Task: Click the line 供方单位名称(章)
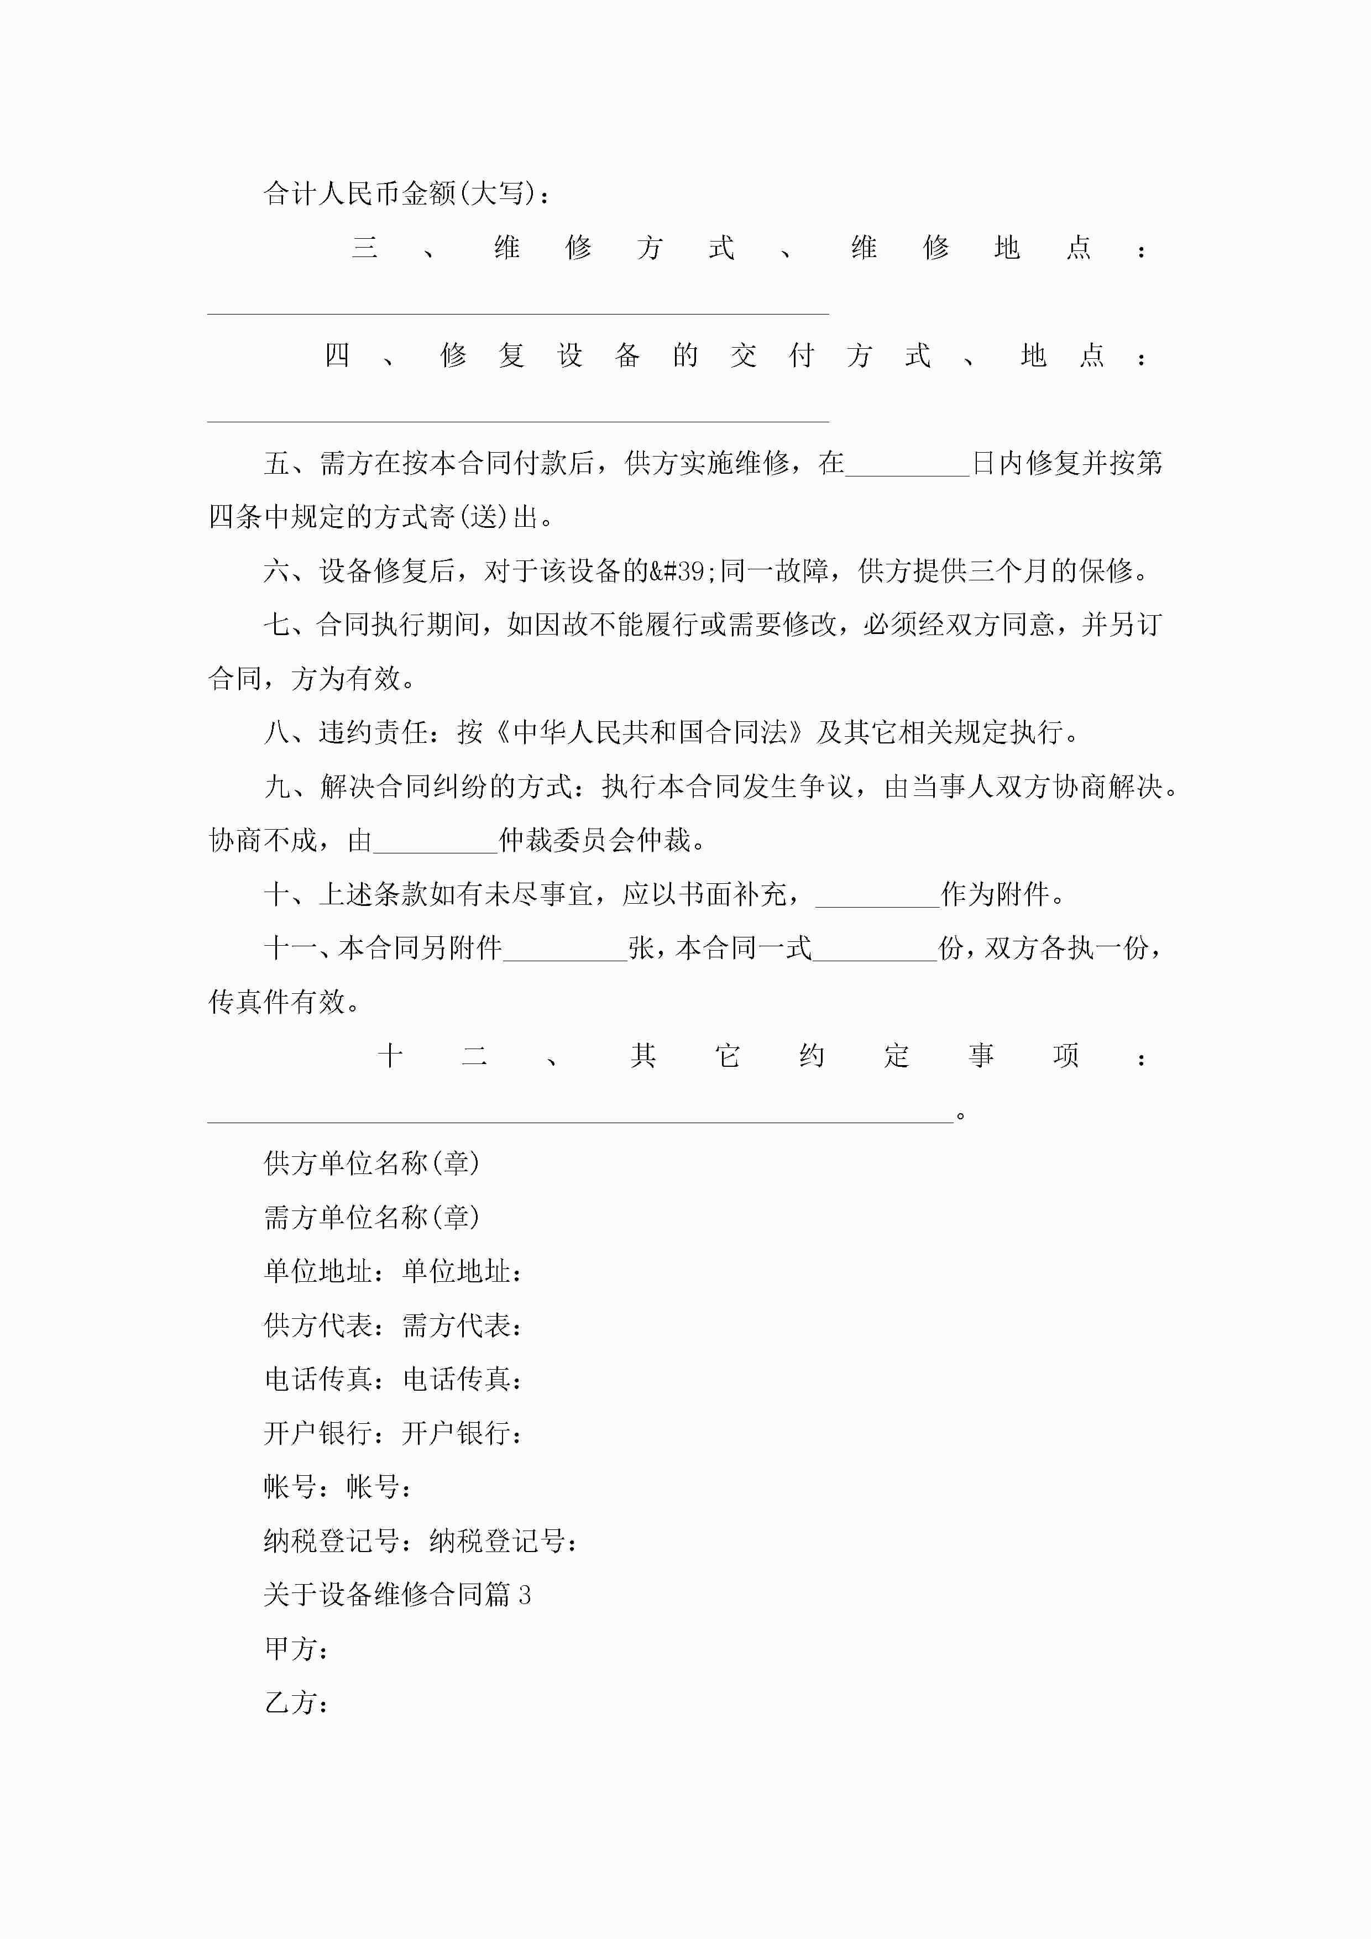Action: (371, 1164)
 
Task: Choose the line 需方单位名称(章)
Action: (371, 1218)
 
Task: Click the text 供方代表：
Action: (325, 1326)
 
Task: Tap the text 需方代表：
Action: (462, 1326)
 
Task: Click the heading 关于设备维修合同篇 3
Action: (397, 1595)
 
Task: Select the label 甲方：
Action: (296, 1649)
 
